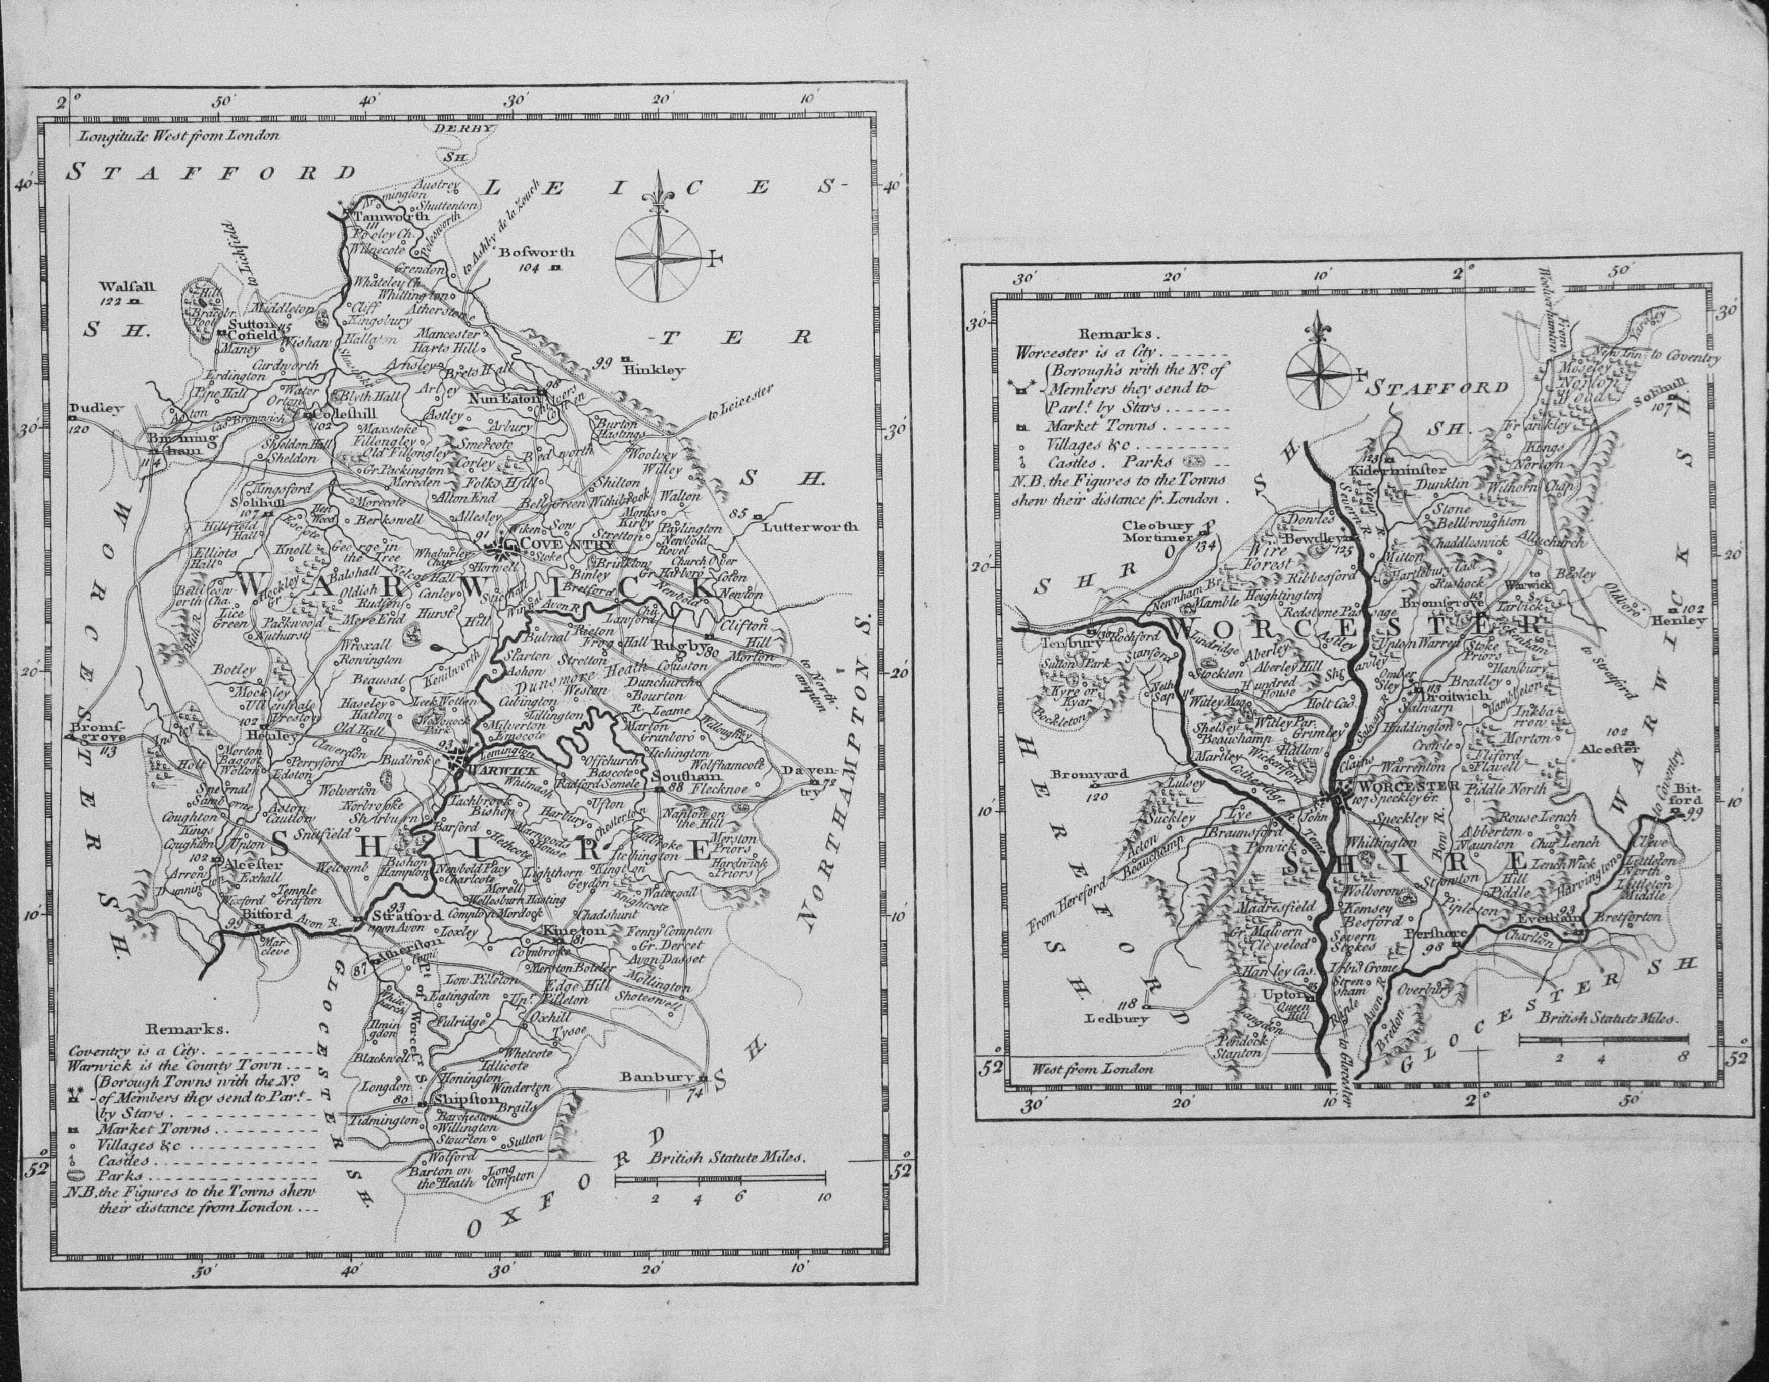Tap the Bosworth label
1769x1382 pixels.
(x=537, y=252)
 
